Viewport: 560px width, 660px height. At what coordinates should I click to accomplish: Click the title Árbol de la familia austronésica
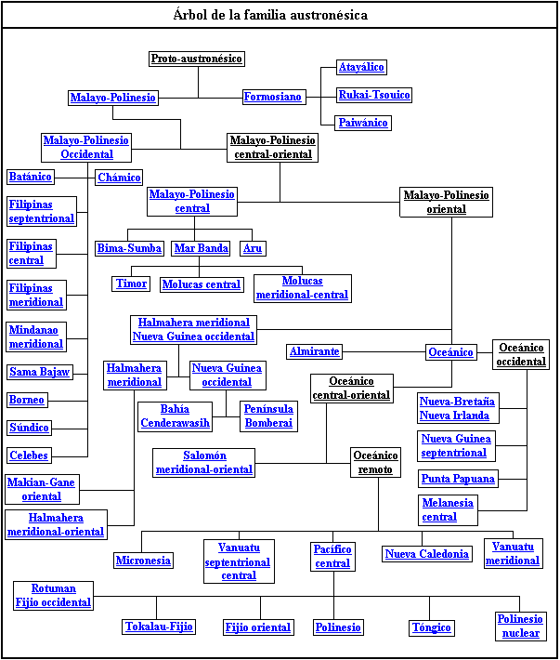click(270, 15)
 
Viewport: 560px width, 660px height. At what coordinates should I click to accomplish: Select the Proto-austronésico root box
click(197, 59)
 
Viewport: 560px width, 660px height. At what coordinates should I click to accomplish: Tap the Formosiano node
click(273, 97)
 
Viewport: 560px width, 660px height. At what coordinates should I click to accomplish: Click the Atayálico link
click(361, 68)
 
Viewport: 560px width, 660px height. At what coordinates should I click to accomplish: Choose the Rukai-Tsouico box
click(374, 95)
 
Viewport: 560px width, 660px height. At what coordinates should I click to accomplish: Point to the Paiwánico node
click(363, 123)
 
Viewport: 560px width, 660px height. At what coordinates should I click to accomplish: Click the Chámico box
click(119, 177)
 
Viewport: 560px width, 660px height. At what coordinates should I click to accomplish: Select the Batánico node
click(31, 177)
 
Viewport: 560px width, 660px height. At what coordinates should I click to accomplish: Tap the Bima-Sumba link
click(129, 248)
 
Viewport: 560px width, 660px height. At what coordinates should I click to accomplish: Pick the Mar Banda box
click(201, 248)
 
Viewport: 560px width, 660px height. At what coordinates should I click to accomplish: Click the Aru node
click(253, 248)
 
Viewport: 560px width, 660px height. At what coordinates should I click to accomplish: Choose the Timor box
click(131, 284)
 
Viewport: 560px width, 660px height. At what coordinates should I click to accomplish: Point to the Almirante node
click(315, 351)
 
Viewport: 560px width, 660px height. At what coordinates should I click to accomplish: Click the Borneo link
click(27, 400)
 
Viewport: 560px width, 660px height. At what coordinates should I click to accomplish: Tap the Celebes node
click(29, 455)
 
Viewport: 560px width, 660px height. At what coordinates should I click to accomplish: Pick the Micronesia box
click(143, 560)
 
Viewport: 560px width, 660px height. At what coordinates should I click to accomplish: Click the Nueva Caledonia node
click(427, 554)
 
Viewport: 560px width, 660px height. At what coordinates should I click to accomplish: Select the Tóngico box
click(431, 627)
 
